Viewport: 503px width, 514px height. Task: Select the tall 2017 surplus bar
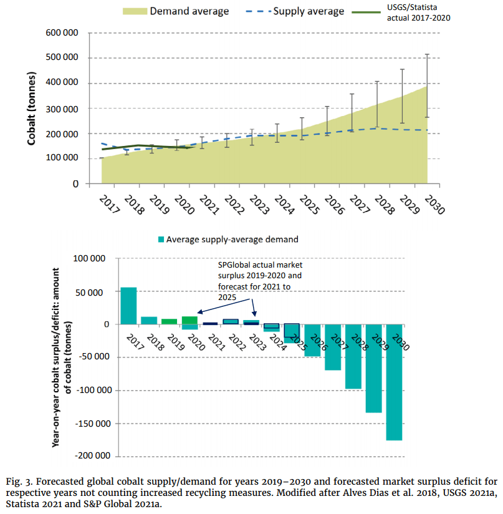128,306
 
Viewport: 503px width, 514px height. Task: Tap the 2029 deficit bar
373,368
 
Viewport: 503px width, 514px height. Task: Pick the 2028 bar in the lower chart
353,356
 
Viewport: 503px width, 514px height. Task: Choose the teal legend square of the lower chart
161,239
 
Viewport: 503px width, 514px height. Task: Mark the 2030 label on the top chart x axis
434,205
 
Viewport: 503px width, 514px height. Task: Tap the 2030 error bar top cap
427,54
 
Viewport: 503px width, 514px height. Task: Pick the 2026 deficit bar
312,340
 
